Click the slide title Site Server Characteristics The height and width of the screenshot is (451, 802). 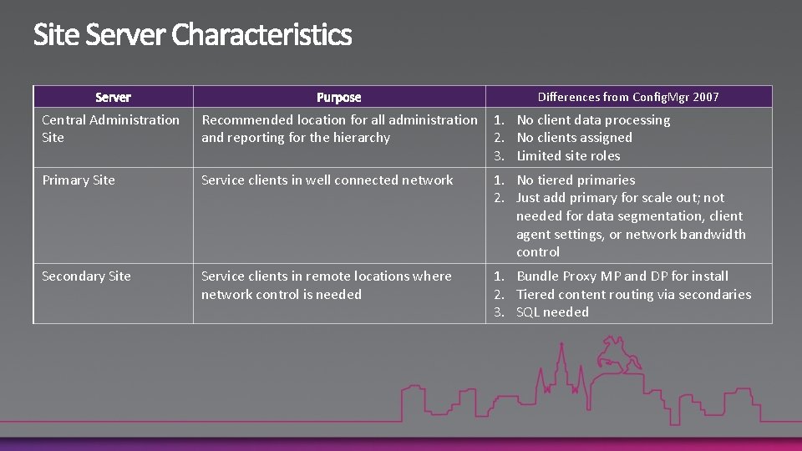pyautogui.click(x=192, y=35)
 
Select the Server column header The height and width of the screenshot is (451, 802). pyautogui.click(x=113, y=97)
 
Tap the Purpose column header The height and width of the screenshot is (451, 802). pyautogui.click(x=338, y=97)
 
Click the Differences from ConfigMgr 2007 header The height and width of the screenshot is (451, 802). pyautogui.click(x=628, y=97)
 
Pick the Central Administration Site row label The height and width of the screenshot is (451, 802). pyautogui.click(x=110, y=129)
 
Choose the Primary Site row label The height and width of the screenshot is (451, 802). pyautogui.click(x=79, y=180)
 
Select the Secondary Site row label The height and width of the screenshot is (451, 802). pyautogui.click(x=86, y=276)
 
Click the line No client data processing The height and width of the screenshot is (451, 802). pyautogui.click(x=593, y=119)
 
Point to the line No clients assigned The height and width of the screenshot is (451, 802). pyautogui.click(x=574, y=138)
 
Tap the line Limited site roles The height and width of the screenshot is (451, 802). pyautogui.click(x=568, y=156)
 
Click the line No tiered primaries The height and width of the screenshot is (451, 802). pyautogui.click(x=576, y=180)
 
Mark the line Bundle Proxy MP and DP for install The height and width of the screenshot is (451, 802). pyautogui.click(x=622, y=276)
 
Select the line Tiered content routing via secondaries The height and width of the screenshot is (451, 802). pyautogui.click(x=633, y=294)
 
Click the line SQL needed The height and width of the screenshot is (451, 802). pyautogui.click(x=552, y=312)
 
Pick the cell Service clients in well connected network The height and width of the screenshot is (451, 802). pyautogui.click(x=327, y=180)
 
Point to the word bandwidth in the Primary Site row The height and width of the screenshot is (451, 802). pyautogui.click(x=713, y=235)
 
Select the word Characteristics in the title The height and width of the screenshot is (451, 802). pyautogui.click(x=262, y=35)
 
